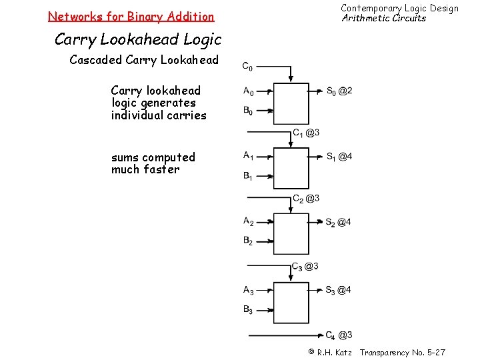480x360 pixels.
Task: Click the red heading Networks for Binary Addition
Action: coord(131,16)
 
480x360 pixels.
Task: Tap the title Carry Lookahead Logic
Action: coord(137,39)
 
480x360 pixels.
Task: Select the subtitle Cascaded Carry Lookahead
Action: coord(144,60)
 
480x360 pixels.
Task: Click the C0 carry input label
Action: coord(247,67)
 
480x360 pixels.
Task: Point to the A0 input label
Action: coord(248,91)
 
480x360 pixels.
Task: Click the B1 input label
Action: coord(248,177)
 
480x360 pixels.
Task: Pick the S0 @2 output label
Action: coord(339,91)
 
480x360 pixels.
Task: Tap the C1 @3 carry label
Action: coord(306,133)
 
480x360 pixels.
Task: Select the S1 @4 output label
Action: coord(339,157)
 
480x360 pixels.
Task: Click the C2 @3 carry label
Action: coord(306,198)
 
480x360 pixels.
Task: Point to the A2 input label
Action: coord(248,221)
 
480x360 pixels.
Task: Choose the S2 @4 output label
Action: coord(339,222)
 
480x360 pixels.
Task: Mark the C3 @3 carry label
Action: coord(305,267)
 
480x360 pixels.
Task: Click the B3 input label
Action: coord(248,309)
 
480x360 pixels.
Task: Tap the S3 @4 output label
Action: coord(339,290)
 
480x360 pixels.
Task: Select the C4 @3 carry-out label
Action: coord(339,335)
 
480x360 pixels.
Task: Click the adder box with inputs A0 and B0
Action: coord(291,103)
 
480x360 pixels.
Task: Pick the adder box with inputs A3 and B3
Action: coord(291,303)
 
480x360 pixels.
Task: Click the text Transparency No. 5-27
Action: coord(403,352)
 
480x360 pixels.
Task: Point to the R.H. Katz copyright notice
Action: coord(329,352)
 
